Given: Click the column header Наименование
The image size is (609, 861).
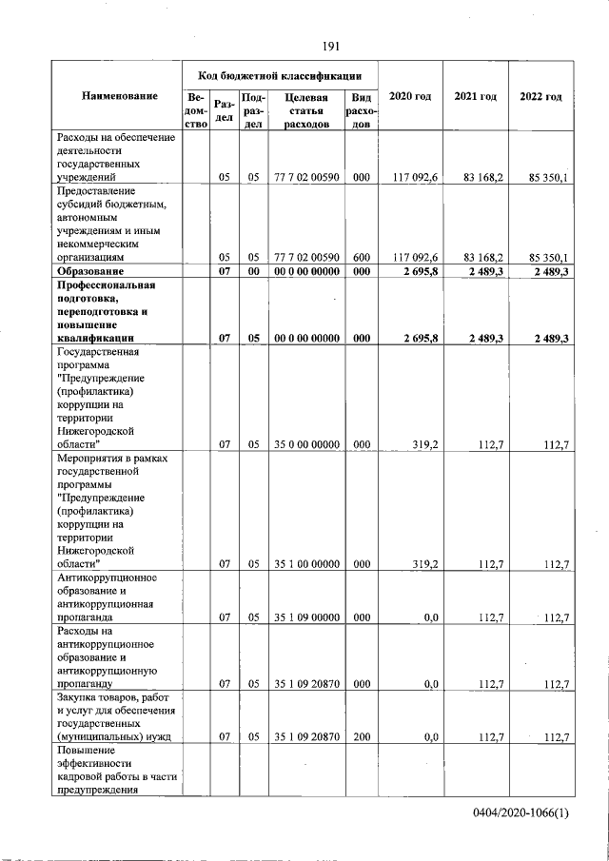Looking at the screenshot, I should point(119,97).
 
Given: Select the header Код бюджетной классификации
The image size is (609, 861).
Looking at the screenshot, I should point(280,74).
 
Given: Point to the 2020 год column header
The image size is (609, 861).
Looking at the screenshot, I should point(410,97).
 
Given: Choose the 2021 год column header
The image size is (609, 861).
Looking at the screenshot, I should point(476,97).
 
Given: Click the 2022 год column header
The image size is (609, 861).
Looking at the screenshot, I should point(540,97).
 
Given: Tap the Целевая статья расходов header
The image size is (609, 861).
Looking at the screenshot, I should point(306,110).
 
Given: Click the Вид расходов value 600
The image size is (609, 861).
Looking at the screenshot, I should point(362,257).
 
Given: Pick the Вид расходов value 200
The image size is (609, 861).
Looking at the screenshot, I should point(362,736).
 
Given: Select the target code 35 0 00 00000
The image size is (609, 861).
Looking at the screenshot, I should point(306,443).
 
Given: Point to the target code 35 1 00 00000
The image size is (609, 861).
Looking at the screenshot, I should point(306,564).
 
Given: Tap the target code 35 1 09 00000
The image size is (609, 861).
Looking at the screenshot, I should point(306,617).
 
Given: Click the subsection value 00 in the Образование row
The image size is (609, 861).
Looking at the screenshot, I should point(253,272).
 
